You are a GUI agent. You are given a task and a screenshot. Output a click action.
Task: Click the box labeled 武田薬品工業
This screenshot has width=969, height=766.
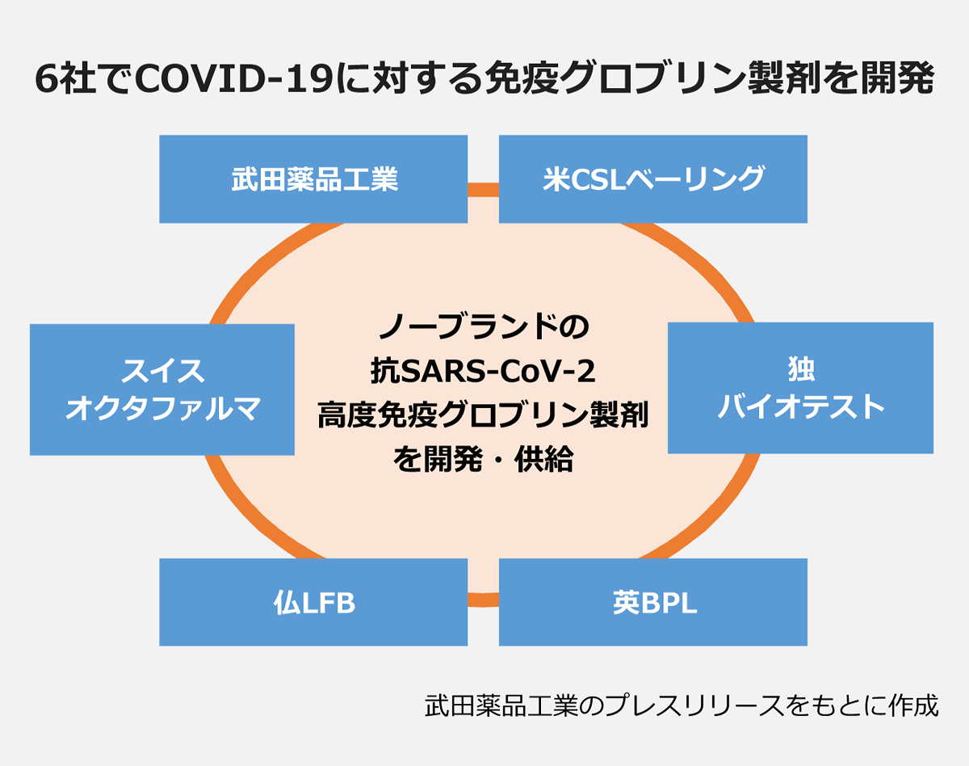tap(313, 179)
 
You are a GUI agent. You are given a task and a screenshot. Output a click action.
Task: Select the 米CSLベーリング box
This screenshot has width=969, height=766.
tap(652, 179)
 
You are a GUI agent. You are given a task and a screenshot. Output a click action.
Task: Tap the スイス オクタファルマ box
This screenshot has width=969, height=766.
tap(161, 389)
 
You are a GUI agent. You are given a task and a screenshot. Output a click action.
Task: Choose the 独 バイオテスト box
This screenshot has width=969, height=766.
tap(800, 388)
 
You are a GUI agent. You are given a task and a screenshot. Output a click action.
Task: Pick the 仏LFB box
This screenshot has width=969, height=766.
tap(313, 602)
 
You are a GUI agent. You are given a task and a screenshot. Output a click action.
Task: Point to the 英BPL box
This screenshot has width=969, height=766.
tap(652, 602)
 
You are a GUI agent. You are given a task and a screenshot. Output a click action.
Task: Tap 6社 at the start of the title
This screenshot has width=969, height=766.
tap(65, 80)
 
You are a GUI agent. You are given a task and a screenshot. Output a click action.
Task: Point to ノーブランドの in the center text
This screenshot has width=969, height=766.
tap(484, 329)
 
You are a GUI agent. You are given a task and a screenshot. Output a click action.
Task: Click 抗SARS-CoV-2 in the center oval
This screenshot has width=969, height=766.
tap(484, 372)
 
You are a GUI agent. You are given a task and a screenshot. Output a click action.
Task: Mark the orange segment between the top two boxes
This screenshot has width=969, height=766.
tap(483, 191)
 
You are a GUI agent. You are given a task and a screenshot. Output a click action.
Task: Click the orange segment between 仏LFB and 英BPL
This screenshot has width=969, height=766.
tap(483, 599)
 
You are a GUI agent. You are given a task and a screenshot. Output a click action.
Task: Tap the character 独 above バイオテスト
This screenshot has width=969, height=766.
tap(800, 368)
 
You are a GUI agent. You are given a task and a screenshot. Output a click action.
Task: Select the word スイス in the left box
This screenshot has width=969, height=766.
tap(162, 371)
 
